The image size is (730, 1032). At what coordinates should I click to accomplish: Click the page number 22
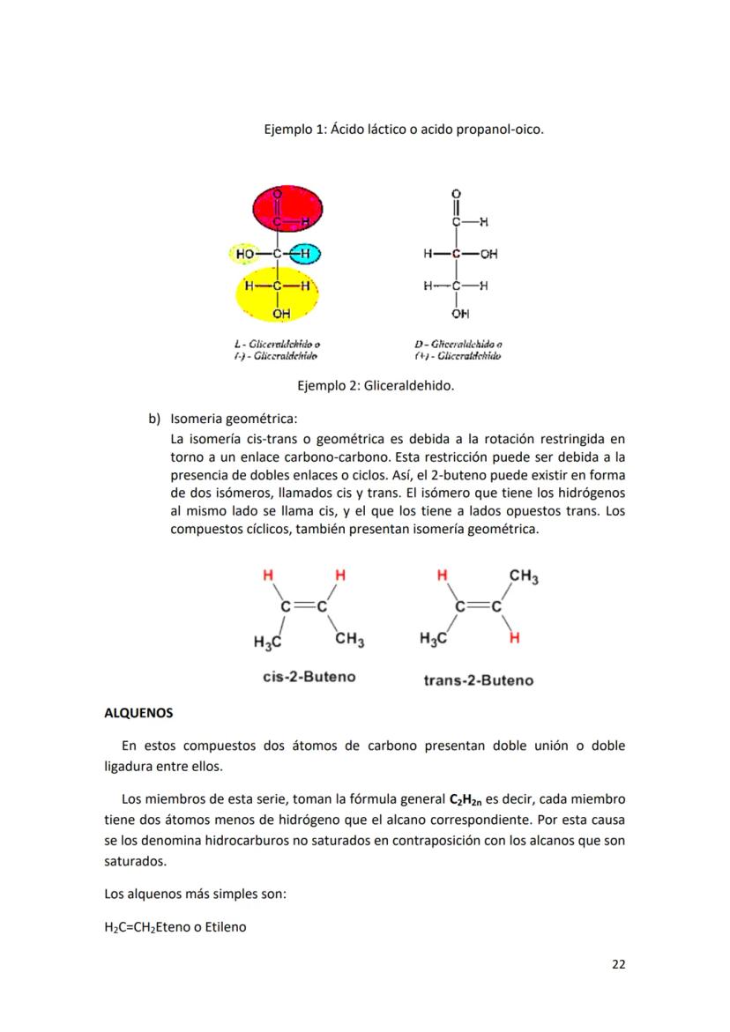pos(618,963)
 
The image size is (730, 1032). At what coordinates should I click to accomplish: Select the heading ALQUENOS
pos(139,711)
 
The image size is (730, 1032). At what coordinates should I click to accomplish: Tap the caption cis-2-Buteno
pos(309,677)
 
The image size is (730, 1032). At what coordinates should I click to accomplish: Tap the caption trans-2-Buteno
pos(478,679)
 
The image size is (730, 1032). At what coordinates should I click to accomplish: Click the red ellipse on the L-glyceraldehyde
pos(288,207)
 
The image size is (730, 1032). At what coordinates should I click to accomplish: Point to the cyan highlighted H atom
pos(304,254)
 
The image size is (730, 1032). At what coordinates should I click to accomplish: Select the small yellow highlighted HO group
pos(245,254)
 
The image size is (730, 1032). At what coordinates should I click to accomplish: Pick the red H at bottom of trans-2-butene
pos(514,637)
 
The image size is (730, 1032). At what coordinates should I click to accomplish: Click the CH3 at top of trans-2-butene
pos(524,577)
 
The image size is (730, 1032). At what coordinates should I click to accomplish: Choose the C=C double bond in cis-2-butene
pos(304,606)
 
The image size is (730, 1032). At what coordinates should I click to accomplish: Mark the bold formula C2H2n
pos(466,799)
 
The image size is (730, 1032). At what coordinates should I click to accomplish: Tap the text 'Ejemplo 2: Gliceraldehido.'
pos(376,385)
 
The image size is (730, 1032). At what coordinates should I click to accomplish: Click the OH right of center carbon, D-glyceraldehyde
pos(488,254)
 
